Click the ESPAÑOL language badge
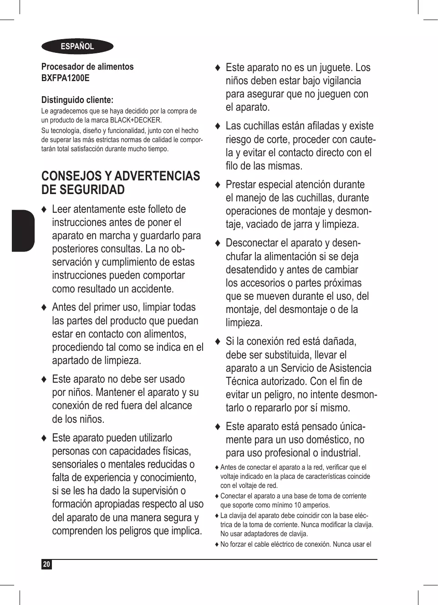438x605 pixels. click(77, 46)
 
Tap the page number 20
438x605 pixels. click(46, 564)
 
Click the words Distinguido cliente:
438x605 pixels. click(77, 100)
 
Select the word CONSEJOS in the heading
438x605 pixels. click(71, 176)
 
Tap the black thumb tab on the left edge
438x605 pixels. click(23, 231)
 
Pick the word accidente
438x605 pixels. click(152, 289)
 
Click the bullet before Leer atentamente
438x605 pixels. click(44, 210)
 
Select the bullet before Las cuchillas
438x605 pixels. click(218, 126)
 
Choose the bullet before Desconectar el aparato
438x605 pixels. click(218, 243)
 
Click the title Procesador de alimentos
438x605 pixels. click(87, 67)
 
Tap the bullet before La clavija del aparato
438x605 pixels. click(217, 516)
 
